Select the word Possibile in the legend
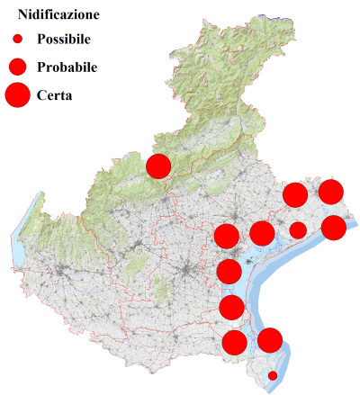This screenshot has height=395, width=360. (x=66, y=40)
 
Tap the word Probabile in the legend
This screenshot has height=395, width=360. (x=67, y=67)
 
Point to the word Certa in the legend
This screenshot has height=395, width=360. (x=55, y=94)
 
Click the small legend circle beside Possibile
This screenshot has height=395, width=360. (x=18, y=40)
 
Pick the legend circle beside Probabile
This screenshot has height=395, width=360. (x=18, y=67)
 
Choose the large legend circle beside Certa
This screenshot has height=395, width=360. (x=17, y=94)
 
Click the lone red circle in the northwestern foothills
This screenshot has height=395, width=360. (x=159, y=166)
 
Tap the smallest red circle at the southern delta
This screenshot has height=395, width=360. (x=273, y=375)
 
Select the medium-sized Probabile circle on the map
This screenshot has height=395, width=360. (x=297, y=230)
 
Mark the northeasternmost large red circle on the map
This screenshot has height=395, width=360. (x=330, y=191)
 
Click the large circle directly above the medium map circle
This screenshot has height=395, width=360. (x=294, y=194)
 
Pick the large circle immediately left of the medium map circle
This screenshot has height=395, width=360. (x=262, y=234)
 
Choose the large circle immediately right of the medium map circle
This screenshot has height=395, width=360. (x=333, y=228)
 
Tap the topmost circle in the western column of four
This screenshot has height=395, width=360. (x=227, y=237)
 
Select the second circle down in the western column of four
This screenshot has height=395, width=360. (x=229, y=271)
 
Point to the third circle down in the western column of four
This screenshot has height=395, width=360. (x=231, y=308)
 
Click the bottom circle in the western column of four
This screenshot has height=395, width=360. (x=234, y=342)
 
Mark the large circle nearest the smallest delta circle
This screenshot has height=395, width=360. (x=270, y=340)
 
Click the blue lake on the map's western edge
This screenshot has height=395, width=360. (x=19, y=238)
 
